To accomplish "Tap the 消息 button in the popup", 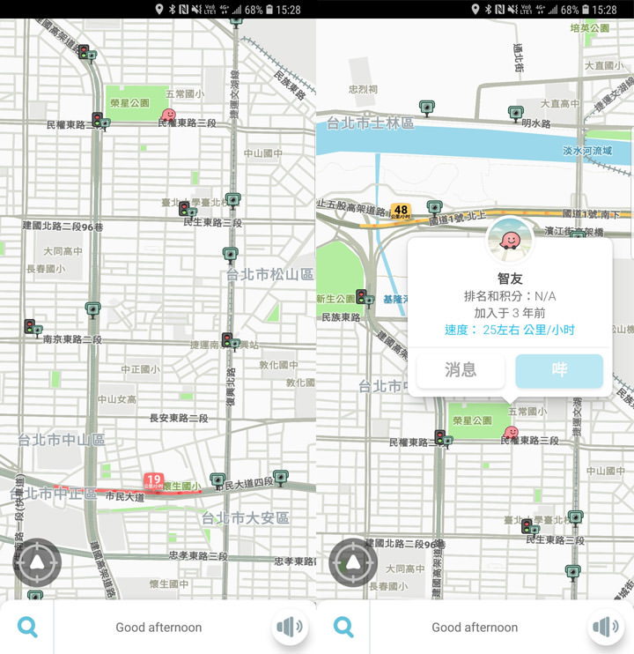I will pos(461,370).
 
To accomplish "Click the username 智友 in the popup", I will pos(510,279).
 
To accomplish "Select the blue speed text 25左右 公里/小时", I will pos(510,330).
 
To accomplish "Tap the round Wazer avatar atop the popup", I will pos(510,239).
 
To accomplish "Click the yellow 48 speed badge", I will pos(402,212).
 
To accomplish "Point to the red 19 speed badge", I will pos(154,480).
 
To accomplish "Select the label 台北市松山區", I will pos(269,275).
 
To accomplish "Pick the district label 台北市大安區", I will pos(246,517).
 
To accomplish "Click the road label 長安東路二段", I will pos(179,418).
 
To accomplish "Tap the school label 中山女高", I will pos(117,399).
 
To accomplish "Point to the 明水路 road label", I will pos(535,124).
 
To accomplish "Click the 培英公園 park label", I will pos(590,28).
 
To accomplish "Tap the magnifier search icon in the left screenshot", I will pos(27,627).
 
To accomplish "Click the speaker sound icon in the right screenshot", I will pos(607,627).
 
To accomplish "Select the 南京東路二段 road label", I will pos(72,339).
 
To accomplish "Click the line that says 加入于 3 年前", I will pos(510,313).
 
